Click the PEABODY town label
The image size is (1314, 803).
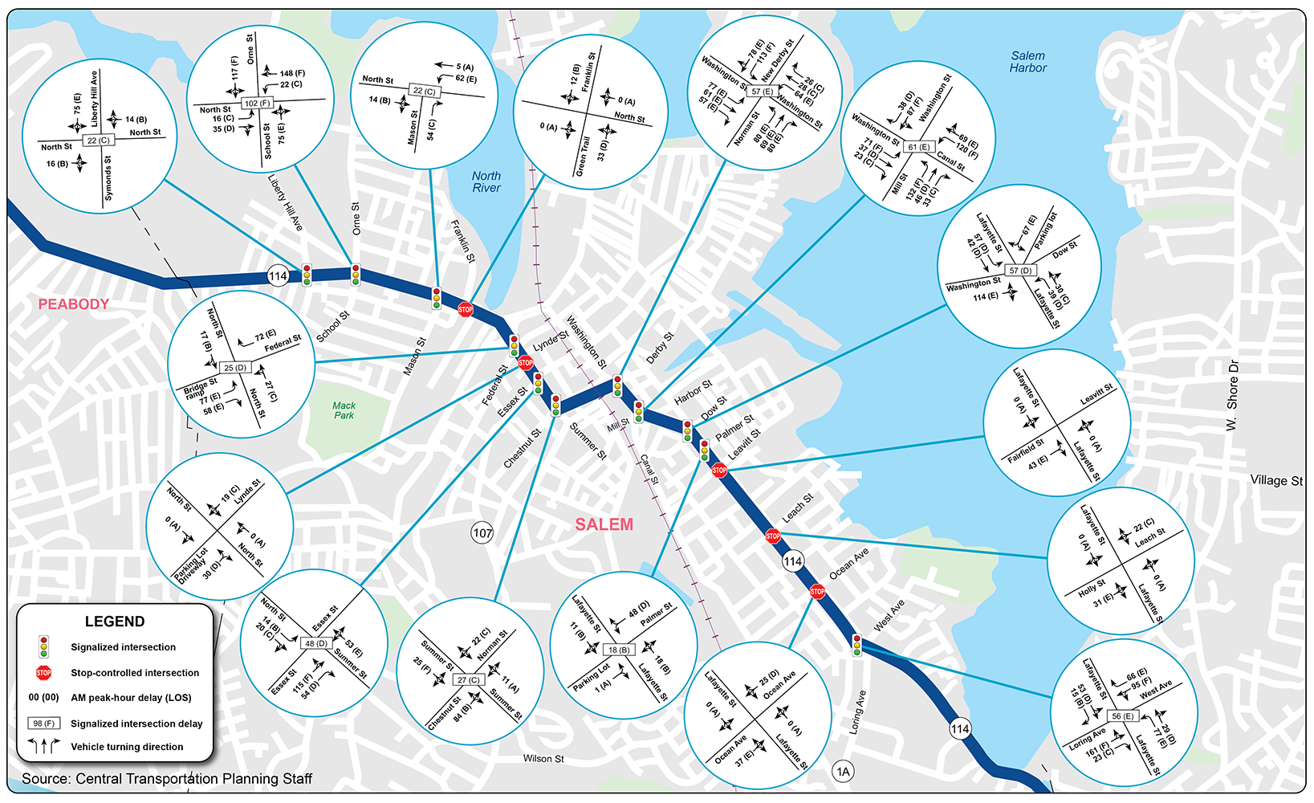pos(74,304)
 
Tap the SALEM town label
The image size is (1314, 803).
pos(604,524)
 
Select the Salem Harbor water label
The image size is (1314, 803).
pos(1027,62)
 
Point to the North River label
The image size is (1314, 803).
pos(486,181)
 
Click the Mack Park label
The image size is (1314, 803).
pos(344,410)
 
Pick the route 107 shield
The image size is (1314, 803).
pos(482,532)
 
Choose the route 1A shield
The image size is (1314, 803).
pos(843,772)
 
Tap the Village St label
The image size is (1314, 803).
pos(1276,480)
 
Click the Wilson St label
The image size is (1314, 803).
pos(543,759)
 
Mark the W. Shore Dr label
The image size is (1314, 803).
pos(1233,395)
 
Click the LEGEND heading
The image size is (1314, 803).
pos(115,622)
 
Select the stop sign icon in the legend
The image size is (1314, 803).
pos(43,673)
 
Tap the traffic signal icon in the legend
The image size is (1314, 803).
pos(43,646)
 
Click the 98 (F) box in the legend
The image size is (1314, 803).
pos(43,724)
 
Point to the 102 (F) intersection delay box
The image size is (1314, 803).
pos(258,104)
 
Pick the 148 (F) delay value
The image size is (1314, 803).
pos(292,73)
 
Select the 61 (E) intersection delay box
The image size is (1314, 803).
pos(918,147)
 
